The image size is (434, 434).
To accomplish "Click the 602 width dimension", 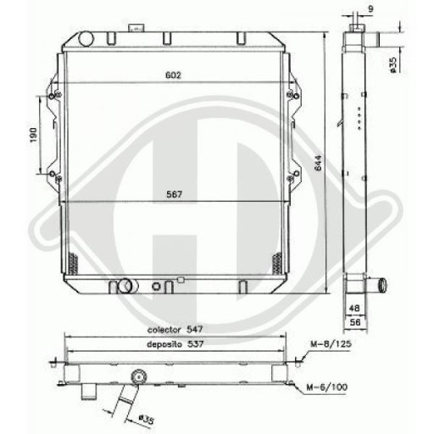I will click(174, 75).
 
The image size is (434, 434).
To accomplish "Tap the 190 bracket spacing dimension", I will click(31, 135).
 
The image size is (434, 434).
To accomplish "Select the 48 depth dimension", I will click(354, 309).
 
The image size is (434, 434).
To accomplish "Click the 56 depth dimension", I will click(354, 323).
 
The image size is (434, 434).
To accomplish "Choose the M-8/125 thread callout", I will click(330, 344).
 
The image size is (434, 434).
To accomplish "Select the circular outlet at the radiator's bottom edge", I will click(124, 284).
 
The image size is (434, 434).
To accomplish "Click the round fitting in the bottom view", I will click(137, 376).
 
